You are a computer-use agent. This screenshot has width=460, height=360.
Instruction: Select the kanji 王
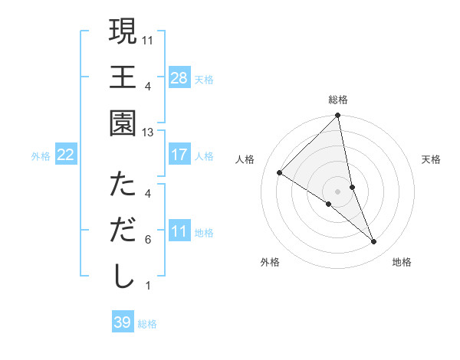123,77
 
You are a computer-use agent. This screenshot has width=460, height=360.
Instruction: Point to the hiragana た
123,185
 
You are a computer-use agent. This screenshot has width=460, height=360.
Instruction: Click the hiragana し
123,277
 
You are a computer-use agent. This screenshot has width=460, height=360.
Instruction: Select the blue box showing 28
179,78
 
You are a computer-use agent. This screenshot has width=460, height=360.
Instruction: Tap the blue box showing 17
179,155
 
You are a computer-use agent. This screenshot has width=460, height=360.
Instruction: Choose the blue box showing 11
179,232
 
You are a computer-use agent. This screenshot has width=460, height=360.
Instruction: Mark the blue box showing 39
122,322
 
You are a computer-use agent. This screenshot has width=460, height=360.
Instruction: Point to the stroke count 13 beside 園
148,133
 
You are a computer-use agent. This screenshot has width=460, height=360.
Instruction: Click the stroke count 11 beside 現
148,39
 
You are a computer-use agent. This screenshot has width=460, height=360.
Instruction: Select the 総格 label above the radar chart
338,100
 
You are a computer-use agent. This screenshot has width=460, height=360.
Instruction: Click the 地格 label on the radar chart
402,262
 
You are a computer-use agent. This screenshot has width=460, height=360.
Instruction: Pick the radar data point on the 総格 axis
337,116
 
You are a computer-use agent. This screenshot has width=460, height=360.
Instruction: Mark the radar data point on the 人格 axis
280,172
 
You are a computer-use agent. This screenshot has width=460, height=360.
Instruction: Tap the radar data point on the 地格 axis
374,242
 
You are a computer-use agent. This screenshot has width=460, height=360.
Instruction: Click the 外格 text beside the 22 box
41,156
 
